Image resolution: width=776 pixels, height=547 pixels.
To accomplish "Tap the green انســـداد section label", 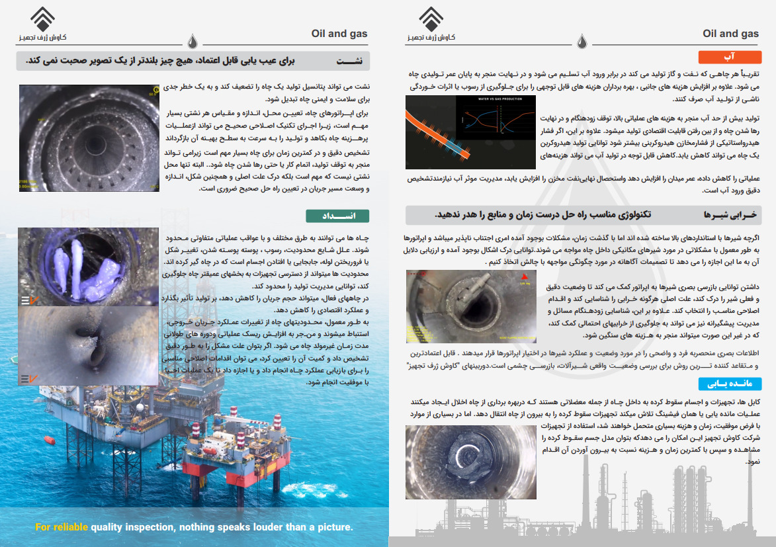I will pyautogui.click(x=337, y=216).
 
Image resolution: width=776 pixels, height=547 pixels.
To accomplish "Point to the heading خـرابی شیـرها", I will pyautogui.click(x=728, y=215).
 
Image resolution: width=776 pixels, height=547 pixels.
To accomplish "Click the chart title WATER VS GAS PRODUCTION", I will pyautogui.click(x=495, y=100).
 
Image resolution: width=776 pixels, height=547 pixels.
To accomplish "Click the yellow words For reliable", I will pyautogui.click(x=62, y=527).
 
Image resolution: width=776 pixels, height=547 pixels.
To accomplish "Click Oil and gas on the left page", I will pyautogui.click(x=339, y=34).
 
